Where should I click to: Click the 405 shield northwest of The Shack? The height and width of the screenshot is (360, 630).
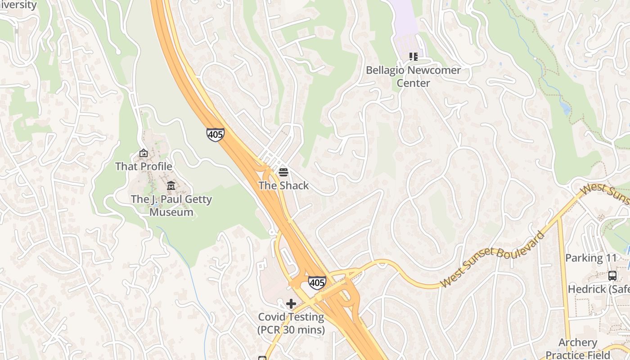216,135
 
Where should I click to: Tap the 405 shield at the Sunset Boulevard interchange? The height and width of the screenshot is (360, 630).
317,283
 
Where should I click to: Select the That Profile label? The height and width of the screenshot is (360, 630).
144,166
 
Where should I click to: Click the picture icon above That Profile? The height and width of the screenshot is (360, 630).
144,153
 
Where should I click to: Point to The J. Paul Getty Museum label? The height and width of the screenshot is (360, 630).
171,206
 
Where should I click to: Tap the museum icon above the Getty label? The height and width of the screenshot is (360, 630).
171,185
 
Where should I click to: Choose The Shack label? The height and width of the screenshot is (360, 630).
283,185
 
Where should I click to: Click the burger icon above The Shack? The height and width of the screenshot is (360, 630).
283,172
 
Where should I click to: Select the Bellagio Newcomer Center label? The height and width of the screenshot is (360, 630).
413,76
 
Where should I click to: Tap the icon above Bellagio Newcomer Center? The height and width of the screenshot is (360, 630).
413,57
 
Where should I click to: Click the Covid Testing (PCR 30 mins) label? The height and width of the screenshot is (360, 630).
291,324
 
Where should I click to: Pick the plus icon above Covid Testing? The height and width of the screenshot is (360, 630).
291,304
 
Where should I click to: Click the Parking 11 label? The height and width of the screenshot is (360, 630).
590,258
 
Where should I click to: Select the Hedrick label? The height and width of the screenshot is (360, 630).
598,289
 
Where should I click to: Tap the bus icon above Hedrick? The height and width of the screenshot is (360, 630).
612,275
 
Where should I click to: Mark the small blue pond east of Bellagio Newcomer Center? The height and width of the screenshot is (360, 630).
565,108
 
